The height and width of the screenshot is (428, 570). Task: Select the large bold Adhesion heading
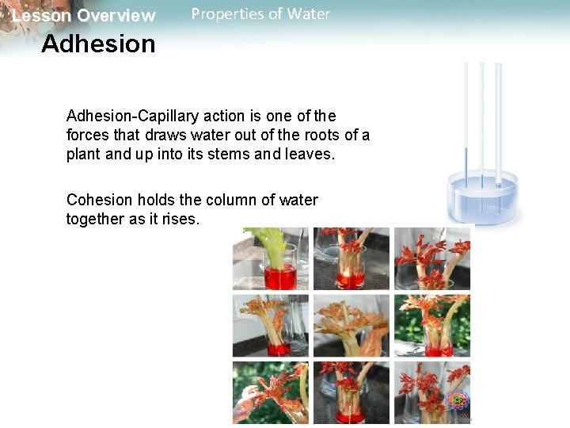pyautogui.click(x=98, y=44)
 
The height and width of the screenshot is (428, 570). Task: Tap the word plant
pyautogui.click(x=84, y=154)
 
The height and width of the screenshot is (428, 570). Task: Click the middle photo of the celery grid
pyautogui.click(x=351, y=325)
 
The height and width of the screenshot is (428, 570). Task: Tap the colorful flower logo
pyautogui.click(x=457, y=401)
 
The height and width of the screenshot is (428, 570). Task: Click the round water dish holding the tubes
pyautogui.click(x=481, y=200)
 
